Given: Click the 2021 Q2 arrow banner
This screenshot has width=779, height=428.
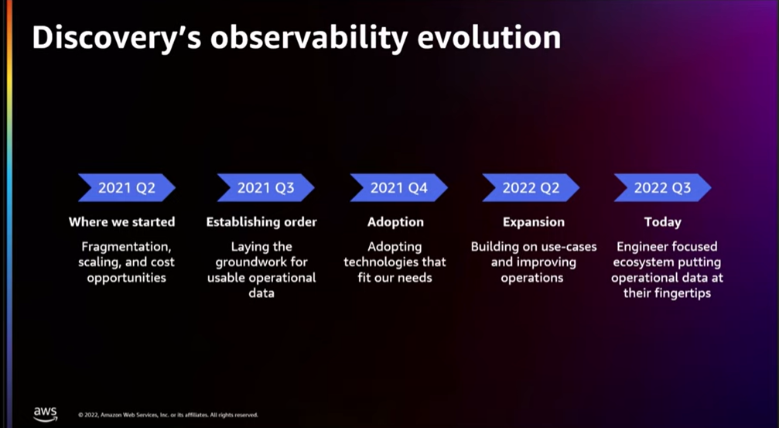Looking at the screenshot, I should click(126, 188).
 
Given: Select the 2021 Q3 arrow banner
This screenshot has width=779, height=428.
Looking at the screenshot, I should click(265, 188).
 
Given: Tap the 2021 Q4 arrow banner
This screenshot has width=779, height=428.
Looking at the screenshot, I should click(398, 188).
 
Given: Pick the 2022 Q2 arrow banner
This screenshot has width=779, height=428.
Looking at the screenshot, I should click(530, 188).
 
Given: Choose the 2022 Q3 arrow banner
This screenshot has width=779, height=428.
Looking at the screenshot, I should click(662, 188).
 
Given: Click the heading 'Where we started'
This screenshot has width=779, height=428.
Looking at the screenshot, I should click(121, 222).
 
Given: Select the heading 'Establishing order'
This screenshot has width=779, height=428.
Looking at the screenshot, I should click(261, 222).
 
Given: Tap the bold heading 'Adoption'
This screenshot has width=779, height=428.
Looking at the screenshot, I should click(395, 222).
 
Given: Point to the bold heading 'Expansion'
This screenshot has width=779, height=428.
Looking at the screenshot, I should click(533, 222).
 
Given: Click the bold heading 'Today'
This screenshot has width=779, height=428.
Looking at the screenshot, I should click(662, 222).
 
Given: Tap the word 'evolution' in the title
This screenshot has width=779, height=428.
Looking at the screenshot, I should click(492, 39).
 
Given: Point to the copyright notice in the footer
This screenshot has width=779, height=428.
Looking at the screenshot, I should click(168, 415).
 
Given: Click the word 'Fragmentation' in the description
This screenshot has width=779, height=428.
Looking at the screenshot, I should click(125, 247).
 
